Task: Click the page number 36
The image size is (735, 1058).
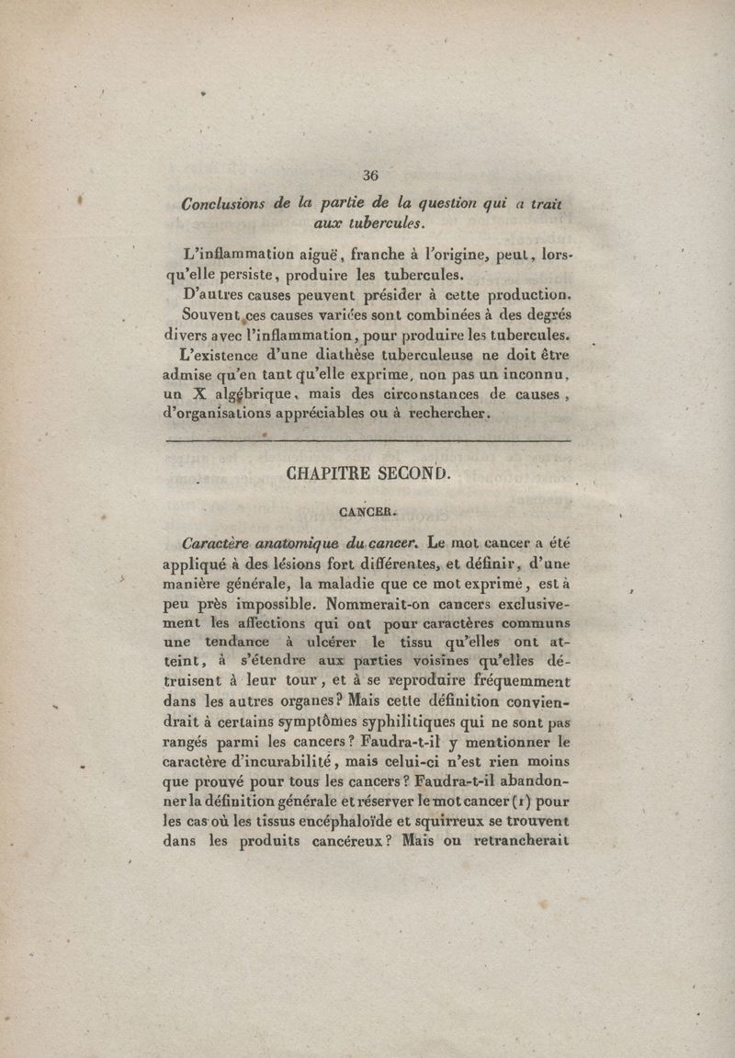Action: [x=370, y=176]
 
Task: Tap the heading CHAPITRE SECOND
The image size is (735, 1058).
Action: [x=369, y=475]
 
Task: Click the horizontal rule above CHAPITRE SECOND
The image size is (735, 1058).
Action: [x=367, y=442]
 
